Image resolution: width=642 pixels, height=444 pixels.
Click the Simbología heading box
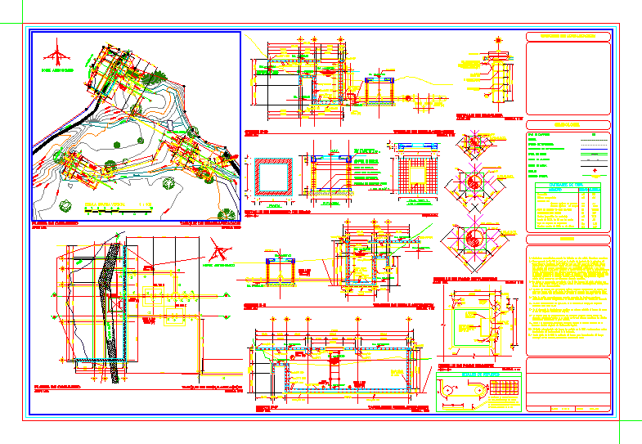(x=568, y=124)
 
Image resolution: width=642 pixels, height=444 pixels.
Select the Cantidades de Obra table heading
(x=568, y=185)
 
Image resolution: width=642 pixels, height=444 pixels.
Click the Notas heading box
(x=568, y=240)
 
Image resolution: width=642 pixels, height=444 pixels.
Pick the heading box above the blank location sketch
(x=568, y=37)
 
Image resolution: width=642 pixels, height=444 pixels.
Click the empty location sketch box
(x=568, y=78)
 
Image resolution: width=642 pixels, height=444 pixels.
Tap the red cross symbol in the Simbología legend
(x=594, y=170)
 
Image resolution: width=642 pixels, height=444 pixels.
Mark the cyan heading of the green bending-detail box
(x=479, y=374)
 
